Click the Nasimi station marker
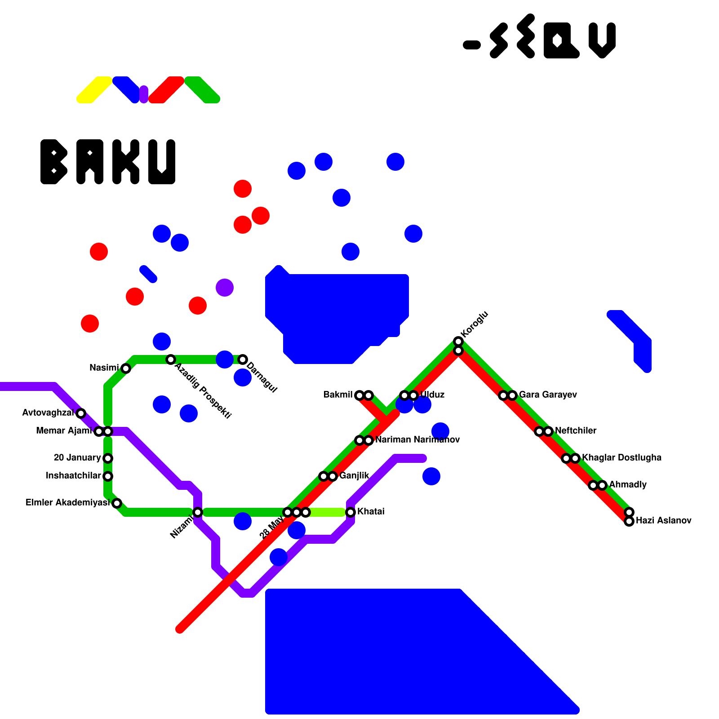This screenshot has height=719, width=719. click(126, 368)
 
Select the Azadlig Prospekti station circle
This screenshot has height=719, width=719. click(171, 359)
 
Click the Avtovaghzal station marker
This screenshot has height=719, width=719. click(81, 413)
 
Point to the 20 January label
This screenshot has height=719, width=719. click(77, 458)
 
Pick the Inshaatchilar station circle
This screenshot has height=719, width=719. click(108, 476)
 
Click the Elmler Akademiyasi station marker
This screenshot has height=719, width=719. click(117, 503)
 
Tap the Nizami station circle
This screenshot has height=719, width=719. click(198, 512)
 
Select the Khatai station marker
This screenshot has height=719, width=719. click(351, 512)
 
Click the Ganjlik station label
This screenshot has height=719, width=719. click(354, 476)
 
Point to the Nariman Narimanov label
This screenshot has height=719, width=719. click(417, 440)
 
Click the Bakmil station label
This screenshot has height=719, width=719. click(338, 395)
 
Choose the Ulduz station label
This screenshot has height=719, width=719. click(432, 395)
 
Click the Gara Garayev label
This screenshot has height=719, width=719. click(548, 395)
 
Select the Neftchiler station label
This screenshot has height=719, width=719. click(576, 431)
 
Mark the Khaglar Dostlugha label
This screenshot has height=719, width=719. click(621, 458)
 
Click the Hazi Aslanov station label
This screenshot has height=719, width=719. click(663, 521)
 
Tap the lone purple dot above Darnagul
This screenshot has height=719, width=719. click(225, 288)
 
